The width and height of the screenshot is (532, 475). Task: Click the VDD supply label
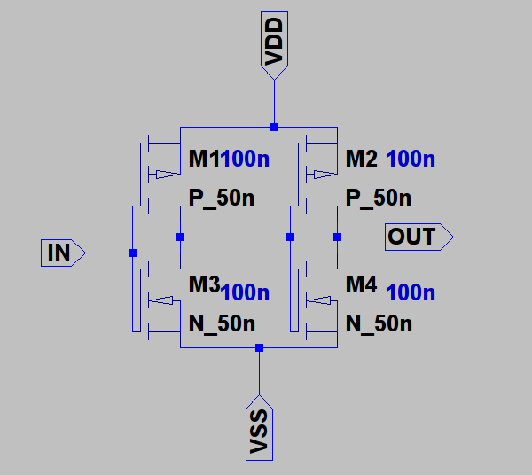[274, 41]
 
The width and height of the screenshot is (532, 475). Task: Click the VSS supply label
[259, 432]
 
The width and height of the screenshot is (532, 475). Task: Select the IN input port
[60, 253]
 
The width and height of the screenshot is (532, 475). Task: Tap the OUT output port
[418, 237]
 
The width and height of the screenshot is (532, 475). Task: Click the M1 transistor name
[205, 160]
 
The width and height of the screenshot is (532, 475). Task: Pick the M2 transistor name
[362, 160]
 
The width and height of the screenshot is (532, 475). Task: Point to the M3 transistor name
[205, 284]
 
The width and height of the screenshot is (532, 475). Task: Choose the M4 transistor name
[362, 284]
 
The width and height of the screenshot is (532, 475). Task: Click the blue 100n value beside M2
[411, 160]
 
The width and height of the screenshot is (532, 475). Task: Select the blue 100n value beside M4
[411, 292]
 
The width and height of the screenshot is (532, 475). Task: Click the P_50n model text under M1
[222, 198]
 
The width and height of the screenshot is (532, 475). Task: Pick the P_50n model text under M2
[379, 198]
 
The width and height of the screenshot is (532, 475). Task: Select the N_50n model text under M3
[223, 323]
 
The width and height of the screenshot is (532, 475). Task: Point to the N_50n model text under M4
[379, 323]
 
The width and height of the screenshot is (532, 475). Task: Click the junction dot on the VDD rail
[274, 127]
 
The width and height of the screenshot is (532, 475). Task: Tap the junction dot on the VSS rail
[259, 347]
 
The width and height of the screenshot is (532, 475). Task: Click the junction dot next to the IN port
[132, 253]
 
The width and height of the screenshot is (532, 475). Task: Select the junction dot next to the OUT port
[337, 237]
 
